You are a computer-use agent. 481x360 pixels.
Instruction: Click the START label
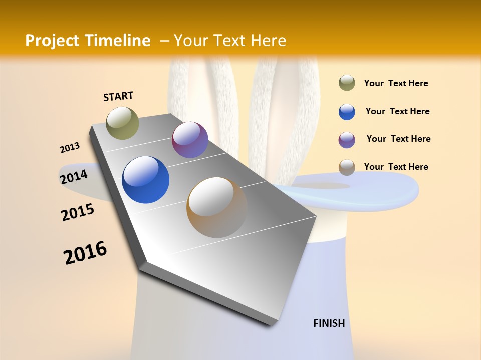point(118,96)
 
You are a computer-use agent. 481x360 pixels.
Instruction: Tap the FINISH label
point(329,323)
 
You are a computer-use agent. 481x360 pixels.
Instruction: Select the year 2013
point(70,148)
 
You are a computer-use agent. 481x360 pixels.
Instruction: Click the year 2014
point(74,177)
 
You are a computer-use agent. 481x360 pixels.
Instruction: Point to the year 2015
point(77,212)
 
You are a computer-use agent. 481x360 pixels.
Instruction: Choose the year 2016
point(85,253)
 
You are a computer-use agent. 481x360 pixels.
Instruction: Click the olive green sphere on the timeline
point(122,123)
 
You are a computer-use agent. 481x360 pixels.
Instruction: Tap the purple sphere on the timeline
point(190,140)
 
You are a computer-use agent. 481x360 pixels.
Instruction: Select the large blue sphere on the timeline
point(145,180)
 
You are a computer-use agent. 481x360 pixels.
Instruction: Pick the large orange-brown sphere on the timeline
point(216,207)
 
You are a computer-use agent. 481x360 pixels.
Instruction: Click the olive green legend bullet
point(347,83)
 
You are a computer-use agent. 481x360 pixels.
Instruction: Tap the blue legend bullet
point(347,112)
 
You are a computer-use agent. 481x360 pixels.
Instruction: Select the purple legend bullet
point(347,140)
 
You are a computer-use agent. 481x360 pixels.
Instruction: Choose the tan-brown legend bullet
point(347,167)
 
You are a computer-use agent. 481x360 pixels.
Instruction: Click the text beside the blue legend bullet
point(397,111)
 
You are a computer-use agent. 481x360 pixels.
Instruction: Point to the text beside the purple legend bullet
point(398,139)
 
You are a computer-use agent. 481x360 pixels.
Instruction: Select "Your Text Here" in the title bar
point(229,41)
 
